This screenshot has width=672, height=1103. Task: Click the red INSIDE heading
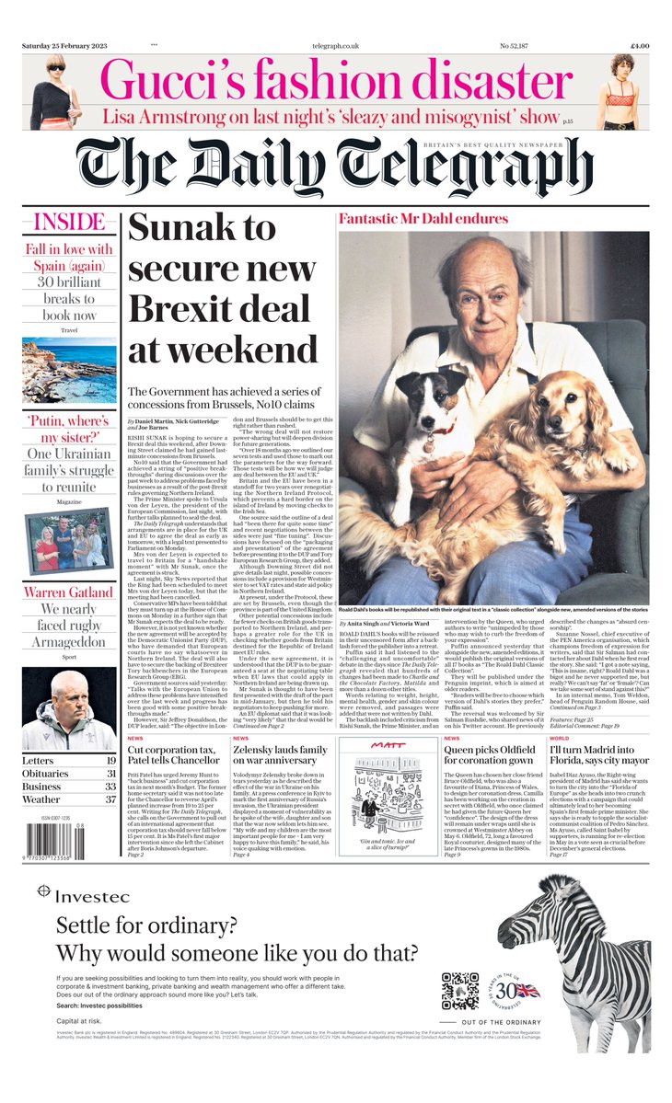pos(69,223)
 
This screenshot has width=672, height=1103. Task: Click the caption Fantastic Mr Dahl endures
pos(423,219)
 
